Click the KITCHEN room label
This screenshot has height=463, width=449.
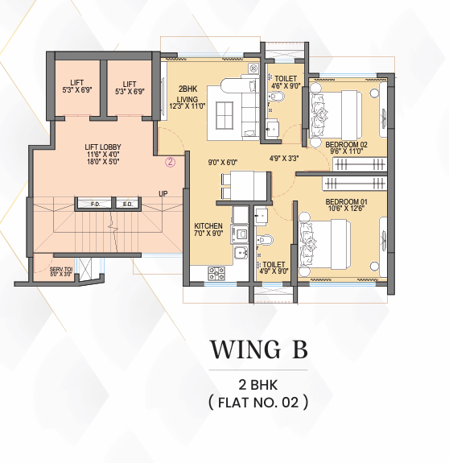[x=208, y=226]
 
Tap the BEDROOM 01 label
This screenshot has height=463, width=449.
[x=346, y=202]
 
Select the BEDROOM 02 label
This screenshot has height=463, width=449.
[x=346, y=145]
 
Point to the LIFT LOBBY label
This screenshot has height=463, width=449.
[x=103, y=147]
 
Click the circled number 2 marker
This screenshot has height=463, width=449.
[x=171, y=162]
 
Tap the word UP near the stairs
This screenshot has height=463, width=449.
[x=163, y=194]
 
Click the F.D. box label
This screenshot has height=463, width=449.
[x=95, y=204]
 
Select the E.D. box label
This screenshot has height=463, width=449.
[x=127, y=204]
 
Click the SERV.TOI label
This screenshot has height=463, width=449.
[x=61, y=269]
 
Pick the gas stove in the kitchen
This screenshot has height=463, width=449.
[x=216, y=273]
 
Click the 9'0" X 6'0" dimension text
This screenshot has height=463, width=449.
[x=223, y=162]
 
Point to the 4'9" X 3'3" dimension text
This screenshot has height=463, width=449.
[x=284, y=159]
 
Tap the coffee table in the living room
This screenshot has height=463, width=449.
[x=224, y=115]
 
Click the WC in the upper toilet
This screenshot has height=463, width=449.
[x=277, y=97]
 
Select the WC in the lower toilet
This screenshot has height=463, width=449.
[x=265, y=240]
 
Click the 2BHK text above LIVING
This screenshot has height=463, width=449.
[x=187, y=89]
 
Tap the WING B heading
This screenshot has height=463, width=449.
[x=258, y=349]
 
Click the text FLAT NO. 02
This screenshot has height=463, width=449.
[x=258, y=402]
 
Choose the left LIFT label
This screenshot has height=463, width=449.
[x=77, y=82]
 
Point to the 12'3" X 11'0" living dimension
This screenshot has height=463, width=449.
[x=187, y=106]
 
